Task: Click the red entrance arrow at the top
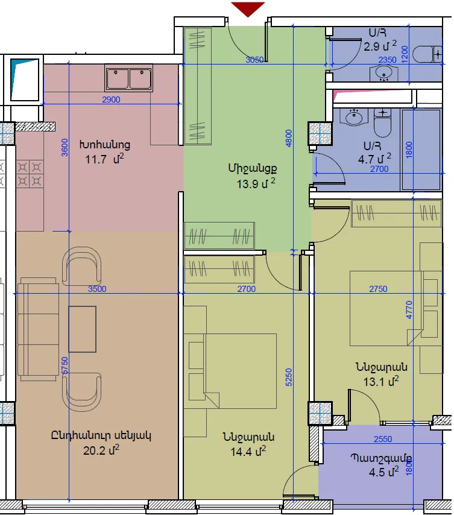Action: [248, 9]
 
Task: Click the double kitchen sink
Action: [128, 78]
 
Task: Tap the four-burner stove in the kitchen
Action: [30, 174]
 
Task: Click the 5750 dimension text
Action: [65, 365]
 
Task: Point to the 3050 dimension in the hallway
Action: [255, 60]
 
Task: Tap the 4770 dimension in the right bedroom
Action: [409, 309]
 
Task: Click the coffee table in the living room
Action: [83, 329]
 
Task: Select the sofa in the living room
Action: [37, 329]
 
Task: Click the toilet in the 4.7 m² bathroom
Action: [382, 123]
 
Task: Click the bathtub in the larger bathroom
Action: [421, 150]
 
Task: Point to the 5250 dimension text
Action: [289, 377]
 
